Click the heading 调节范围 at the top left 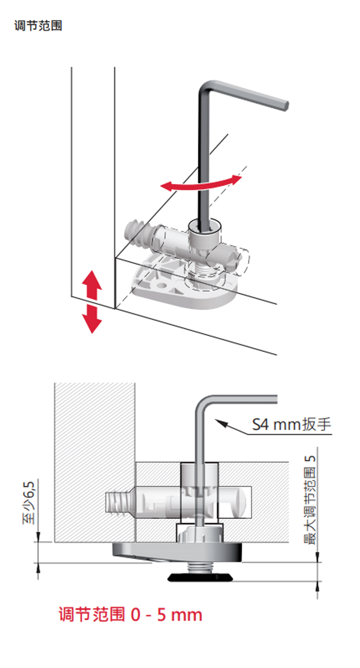click(38, 26)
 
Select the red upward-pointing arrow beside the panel click(92, 284)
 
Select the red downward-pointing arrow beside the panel click(92, 318)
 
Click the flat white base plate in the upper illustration click(180, 288)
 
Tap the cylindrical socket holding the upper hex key click(204, 232)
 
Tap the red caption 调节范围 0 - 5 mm click(130, 614)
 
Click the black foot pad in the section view click(201, 577)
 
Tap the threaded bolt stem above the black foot click(201, 567)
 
